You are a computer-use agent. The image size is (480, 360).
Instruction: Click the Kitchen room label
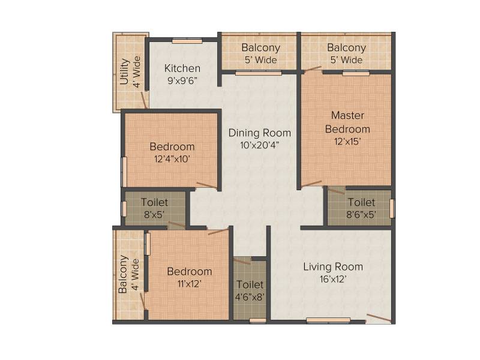182,68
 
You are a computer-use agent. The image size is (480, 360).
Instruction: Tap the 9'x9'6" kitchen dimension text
182,80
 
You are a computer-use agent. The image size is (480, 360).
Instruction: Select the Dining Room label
260,133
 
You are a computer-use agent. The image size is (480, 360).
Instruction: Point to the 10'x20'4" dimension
260,145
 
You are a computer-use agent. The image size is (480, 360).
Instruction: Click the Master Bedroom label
347,122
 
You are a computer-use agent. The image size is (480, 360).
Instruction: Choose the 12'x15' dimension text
347,142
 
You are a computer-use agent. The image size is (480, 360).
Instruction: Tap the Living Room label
333,266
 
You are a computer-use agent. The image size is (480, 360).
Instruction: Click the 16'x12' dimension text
333,279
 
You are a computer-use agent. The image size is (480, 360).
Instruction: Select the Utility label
124,71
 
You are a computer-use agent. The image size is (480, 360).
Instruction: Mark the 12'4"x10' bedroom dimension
172,159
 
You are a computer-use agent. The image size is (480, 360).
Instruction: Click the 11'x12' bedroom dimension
190,284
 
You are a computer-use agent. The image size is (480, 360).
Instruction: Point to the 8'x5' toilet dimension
154,214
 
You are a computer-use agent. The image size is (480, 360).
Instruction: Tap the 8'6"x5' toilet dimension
361,214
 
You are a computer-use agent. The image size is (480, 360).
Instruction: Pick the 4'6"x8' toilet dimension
250,296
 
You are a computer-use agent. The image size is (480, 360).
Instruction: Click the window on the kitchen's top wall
187,41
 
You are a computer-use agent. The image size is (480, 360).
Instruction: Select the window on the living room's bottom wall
328,320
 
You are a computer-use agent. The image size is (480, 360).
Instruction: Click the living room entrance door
379,318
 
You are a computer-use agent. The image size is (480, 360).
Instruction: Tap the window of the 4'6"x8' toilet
258,320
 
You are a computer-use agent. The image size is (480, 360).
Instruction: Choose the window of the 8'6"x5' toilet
392,208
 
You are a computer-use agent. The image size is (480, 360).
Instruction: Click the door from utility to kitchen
143,100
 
